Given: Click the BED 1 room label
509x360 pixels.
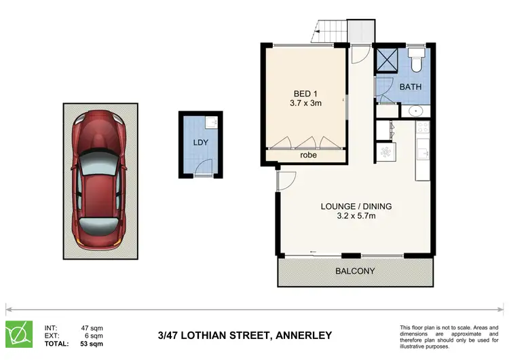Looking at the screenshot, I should tap(305, 94).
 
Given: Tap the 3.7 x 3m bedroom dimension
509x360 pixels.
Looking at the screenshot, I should tap(305, 105).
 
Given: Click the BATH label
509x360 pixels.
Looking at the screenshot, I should tap(410, 87).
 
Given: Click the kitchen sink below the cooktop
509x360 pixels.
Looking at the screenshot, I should tap(423, 151).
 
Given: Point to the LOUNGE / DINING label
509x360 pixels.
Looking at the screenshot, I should tap(356, 206).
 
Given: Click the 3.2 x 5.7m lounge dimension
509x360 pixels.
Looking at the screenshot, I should tap(356, 217).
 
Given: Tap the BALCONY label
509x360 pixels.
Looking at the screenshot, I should tap(356, 271).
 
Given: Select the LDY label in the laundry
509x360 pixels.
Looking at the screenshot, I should tap(200, 143).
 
